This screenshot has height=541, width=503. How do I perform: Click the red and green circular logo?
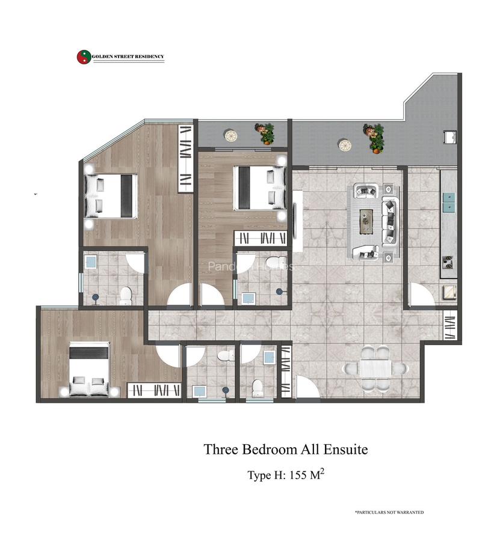coord(83,57)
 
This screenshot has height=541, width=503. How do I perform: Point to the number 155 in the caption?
coord(299,475)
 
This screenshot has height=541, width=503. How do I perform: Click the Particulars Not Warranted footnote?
coord(389,512)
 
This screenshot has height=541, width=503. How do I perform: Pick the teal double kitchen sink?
coord(449,203)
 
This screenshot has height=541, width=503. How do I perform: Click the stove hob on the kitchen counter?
coord(448,261)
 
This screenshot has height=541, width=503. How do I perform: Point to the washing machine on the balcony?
coord(449,138)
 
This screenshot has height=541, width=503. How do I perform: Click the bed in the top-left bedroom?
coord(111,195)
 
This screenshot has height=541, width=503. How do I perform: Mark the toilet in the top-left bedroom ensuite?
coord(126,295)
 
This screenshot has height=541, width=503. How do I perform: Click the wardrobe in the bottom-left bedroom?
coord(154,391)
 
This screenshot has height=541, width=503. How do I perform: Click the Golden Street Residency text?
coord(128,57)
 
